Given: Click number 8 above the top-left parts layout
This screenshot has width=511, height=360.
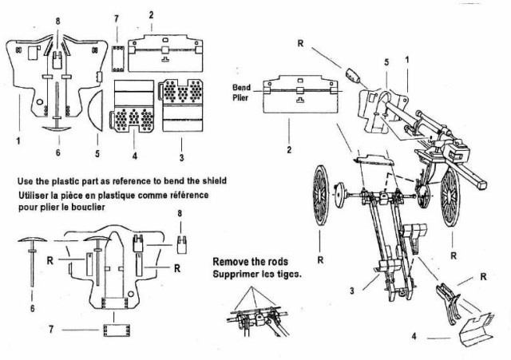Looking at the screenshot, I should [57, 18].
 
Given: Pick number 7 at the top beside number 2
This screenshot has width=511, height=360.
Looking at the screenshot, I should [116, 18].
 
